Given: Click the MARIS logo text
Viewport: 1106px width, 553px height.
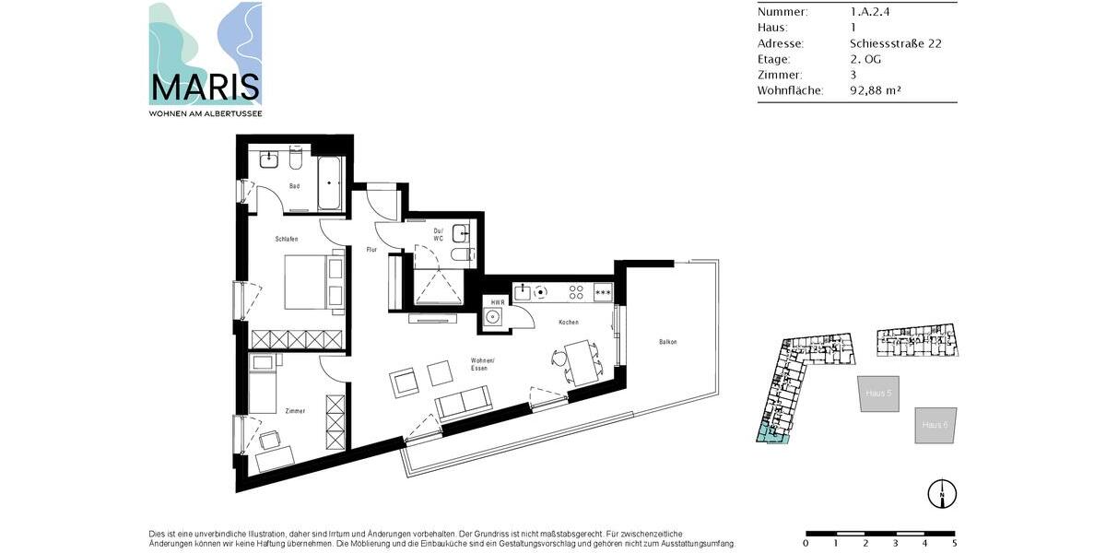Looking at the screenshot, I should (x=205, y=88).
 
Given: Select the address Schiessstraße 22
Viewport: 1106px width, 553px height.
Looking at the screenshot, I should (x=895, y=43).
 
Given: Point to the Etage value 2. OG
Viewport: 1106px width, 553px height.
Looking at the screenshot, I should (x=867, y=59).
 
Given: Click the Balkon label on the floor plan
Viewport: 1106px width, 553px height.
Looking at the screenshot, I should (x=667, y=342).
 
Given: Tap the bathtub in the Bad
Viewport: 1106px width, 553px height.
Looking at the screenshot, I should (x=330, y=184).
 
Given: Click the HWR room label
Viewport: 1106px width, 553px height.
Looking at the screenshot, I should (x=497, y=302).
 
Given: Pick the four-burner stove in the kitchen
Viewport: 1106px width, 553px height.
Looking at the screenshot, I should (x=577, y=291).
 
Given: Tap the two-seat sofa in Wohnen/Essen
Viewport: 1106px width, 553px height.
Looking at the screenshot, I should (x=463, y=404).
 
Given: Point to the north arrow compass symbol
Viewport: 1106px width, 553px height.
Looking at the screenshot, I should (x=941, y=493).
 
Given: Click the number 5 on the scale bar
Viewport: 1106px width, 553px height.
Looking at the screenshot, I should (x=954, y=543).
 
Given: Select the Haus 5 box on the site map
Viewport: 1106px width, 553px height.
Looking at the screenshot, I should (x=877, y=393).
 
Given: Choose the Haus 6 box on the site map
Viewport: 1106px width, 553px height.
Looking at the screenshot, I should (x=935, y=425).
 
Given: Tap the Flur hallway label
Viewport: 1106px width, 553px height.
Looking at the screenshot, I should (x=371, y=250).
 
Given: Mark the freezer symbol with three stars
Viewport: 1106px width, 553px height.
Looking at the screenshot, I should (x=604, y=292).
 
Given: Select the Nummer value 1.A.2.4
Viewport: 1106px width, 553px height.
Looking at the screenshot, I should (x=871, y=12).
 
